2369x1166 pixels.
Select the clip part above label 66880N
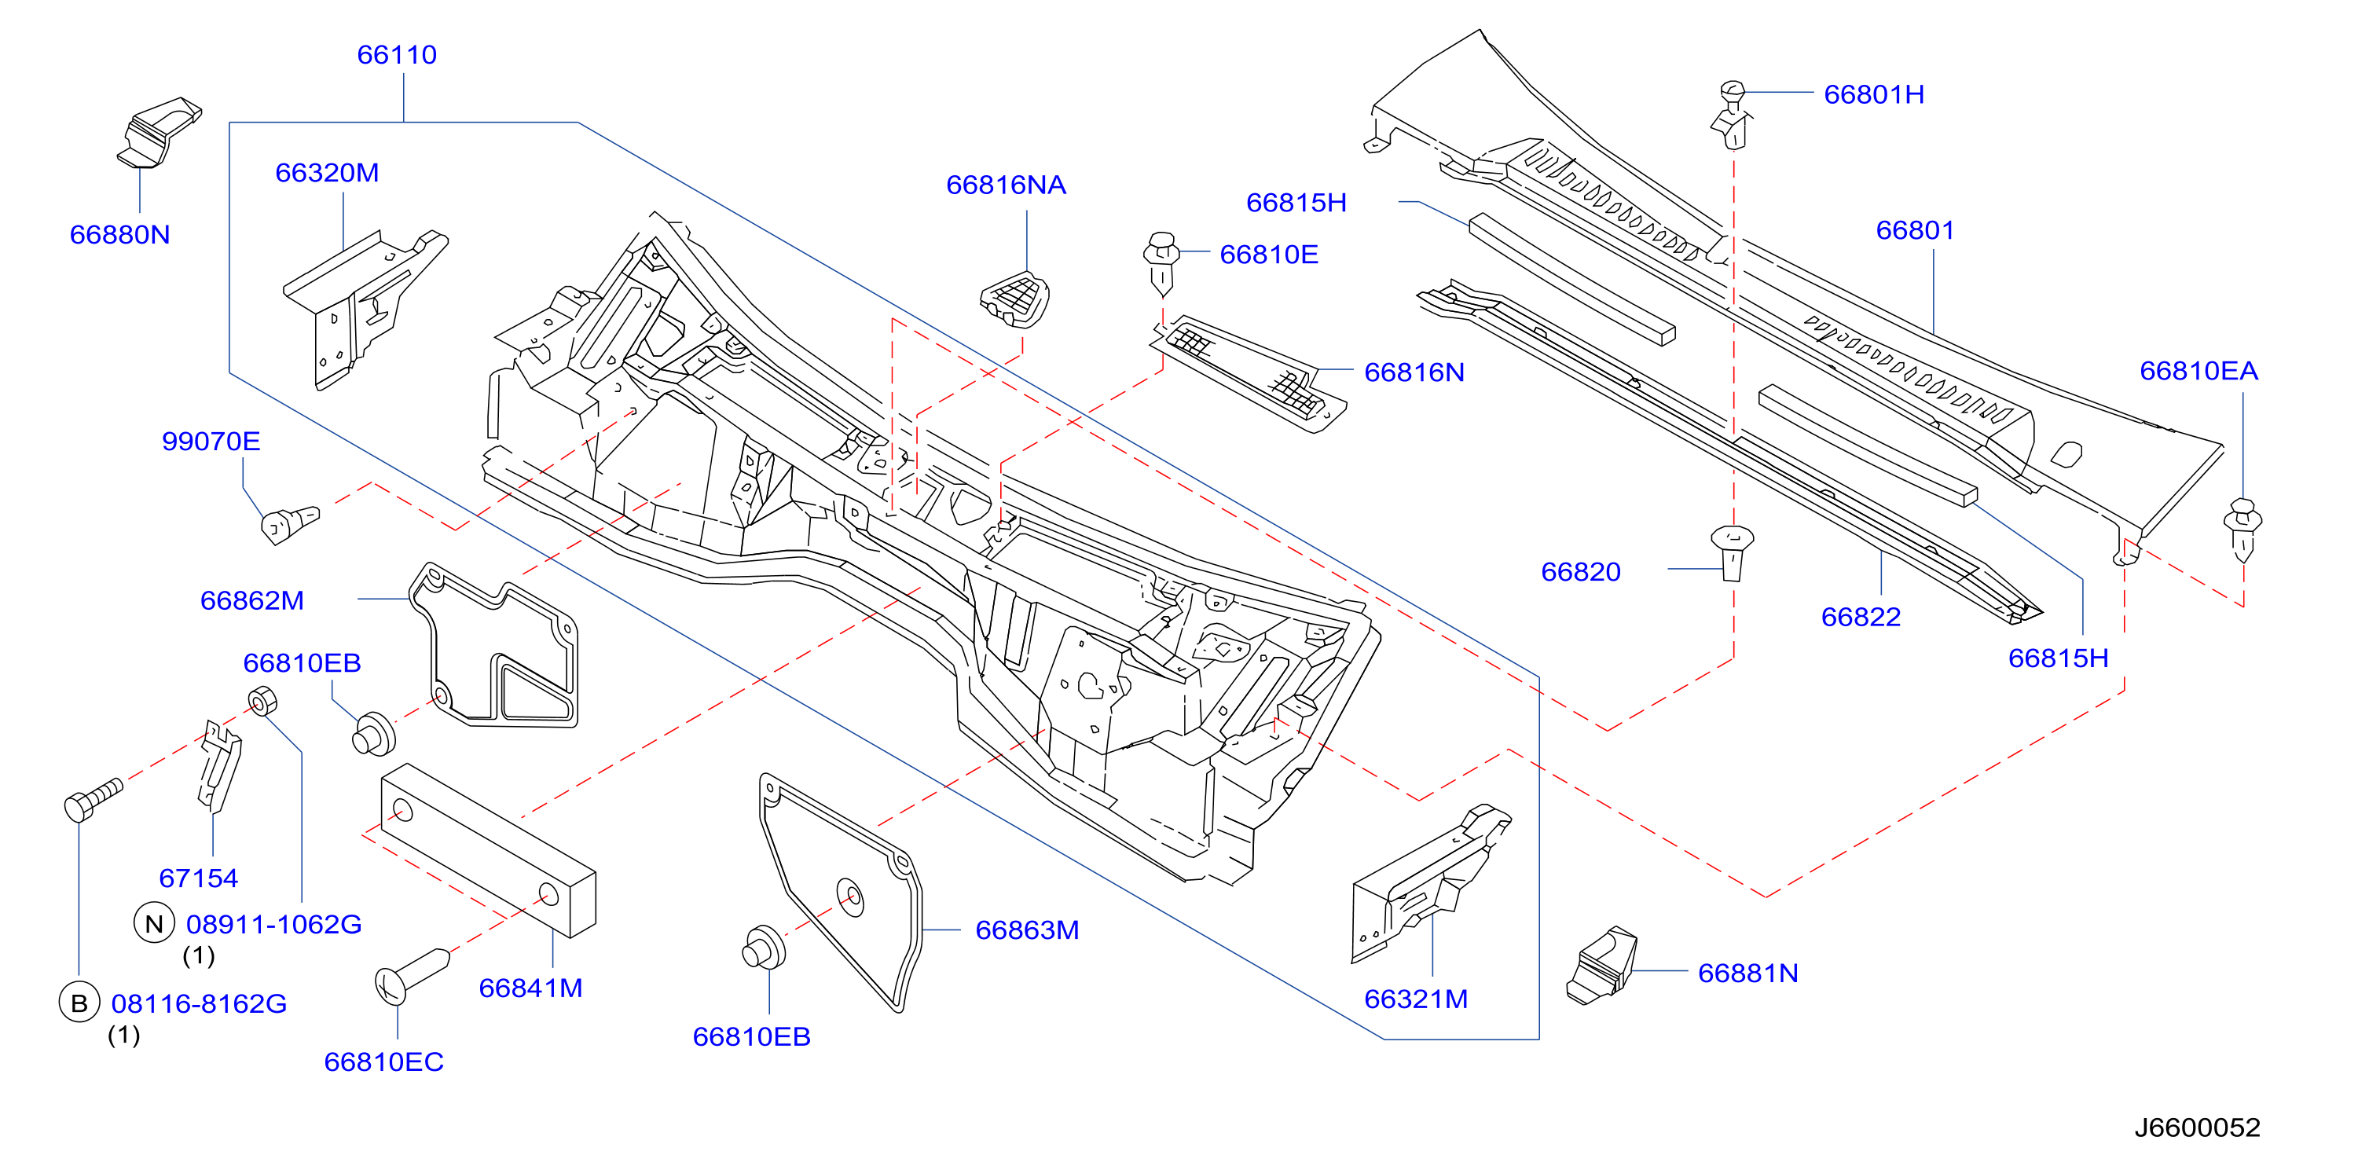tap(159, 133)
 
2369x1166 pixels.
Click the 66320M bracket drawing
tap(364, 309)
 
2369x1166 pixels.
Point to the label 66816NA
tap(1006, 185)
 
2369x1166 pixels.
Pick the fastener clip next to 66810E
tap(1161, 263)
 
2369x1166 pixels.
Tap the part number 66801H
tap(1873, 95)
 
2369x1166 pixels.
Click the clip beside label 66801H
tap(1733, 115)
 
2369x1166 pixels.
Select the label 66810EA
tap(2198, 371)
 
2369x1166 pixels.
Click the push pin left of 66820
tap(1733, 552)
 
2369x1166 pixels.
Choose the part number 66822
tap(1861, 617)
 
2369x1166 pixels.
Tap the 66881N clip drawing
tap(1602, 966)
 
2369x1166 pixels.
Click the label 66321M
tap(1415, 999)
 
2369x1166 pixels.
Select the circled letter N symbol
tap(155, 923)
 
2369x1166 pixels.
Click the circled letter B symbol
tap(79, 1003)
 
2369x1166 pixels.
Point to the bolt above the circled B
tap(93, 799)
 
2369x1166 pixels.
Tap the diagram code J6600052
tap(2197, 1127)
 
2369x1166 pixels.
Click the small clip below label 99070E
tap(290, 524)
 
